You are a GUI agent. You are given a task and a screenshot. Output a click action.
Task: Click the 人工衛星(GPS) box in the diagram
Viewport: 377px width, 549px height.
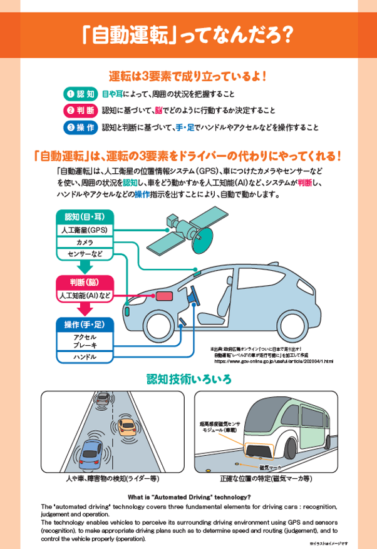tap(85, 230)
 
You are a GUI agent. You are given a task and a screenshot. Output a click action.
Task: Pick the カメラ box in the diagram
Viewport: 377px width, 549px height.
tap(85, 242)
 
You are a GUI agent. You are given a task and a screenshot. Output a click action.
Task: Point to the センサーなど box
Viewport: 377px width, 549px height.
tap(85, 254)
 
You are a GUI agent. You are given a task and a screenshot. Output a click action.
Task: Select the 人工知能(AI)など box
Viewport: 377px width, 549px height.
tap(85, 295)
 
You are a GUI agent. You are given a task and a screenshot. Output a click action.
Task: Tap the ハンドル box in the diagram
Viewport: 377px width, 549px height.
tap(85, 357)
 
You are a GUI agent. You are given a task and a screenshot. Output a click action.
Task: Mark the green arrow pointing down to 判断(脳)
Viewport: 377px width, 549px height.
tap(85, 267)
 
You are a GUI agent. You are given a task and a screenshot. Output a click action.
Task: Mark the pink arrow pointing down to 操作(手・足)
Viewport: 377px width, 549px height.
tap(85, 308)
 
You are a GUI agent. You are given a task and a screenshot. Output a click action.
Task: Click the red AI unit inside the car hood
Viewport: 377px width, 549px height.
tap(163, 296)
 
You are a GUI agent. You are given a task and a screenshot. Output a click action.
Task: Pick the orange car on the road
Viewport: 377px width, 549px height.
tap(127, 426)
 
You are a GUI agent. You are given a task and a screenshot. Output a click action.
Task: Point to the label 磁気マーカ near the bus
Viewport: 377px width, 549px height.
tap(269, 467)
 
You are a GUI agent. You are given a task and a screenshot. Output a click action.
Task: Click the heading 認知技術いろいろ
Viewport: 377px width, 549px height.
tap(189, 379)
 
